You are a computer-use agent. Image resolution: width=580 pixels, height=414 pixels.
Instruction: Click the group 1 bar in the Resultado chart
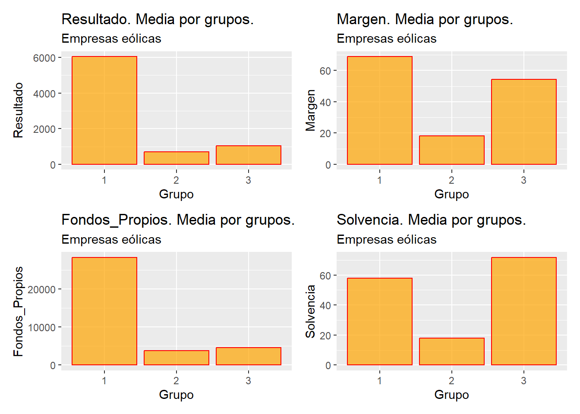click(x=104, y=110)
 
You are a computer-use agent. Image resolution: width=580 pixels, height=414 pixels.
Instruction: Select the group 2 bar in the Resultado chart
click(x=177, y=158)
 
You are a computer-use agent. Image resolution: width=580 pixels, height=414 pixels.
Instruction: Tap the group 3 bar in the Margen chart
click(x=523, y=122)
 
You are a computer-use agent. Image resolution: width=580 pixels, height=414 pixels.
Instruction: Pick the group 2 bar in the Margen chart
click(x=451, y=150)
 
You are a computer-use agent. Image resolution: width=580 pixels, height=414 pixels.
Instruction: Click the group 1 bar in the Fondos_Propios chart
click(x=104, y=311)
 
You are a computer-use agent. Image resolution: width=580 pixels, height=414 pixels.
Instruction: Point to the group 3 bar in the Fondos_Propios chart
click(x=249, y=356)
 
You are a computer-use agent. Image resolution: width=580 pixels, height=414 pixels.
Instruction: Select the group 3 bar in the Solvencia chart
click(x=523, y=311)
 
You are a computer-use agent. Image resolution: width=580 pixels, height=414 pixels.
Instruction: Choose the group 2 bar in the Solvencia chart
click(x=451, y=351)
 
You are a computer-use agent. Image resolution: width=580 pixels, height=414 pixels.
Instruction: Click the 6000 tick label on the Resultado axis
click(x=44, y=58)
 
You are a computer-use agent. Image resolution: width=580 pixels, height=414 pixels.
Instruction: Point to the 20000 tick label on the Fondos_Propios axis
click(x=42, y=289)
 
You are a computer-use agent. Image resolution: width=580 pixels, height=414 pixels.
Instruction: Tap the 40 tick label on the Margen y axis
click(x=325, y=102)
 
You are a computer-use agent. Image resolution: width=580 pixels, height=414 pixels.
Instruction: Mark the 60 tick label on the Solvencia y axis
click(x=325, y=276)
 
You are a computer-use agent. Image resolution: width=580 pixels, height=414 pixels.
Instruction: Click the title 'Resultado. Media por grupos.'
click(x=158, y=19)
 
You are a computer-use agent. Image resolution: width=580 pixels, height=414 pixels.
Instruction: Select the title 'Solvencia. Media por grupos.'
click(x=431, y=220)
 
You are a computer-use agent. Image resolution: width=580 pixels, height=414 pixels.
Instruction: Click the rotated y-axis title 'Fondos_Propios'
click(x=18, y=311)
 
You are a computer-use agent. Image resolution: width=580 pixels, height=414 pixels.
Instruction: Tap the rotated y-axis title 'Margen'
click(x=310, y=110)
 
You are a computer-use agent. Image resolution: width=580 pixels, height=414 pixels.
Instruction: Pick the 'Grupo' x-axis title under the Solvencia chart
click(x=451, y=395)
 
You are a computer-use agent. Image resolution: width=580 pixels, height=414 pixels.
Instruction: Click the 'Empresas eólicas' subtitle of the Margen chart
click(x=386, y=39)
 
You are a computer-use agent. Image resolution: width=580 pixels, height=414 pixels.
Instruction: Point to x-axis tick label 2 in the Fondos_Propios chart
click(x=176, y=380)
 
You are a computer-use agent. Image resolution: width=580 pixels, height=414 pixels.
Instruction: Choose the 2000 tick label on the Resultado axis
click(x=44, y=129)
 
